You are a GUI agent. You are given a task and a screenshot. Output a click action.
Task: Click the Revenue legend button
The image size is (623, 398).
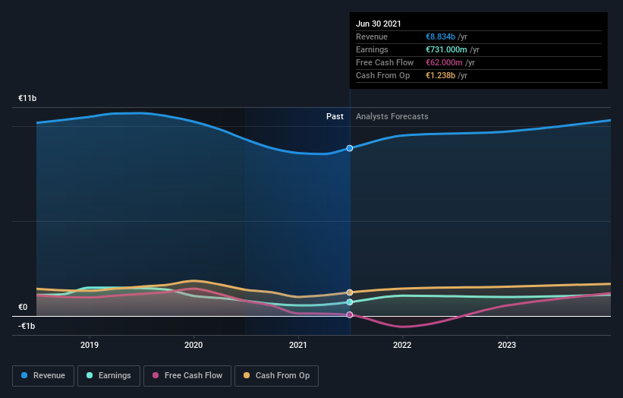tap(44, 375)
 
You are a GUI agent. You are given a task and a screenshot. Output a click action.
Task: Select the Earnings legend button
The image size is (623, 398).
tap(109, 375)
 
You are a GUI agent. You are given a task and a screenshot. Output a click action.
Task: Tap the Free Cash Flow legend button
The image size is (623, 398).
tap(187, 375)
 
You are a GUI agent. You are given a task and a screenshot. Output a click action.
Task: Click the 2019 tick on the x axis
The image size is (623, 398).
tap(90, 345)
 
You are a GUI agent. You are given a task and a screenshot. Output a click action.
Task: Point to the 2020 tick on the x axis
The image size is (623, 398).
tap(194, 345)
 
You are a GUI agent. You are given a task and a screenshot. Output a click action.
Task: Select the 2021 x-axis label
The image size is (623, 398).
tap(298, 345)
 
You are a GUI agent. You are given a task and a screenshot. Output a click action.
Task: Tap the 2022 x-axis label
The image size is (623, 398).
tap(402, 345)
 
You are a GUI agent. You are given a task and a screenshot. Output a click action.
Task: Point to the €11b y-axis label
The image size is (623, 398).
tap(27, 99)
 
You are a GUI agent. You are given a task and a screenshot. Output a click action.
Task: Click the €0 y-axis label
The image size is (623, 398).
tap(23, 308)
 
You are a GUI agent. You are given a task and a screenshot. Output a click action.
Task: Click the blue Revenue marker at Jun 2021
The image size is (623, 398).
tap(350, 148)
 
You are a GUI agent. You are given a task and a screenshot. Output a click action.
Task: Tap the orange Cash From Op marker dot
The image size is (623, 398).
tap(350, 292)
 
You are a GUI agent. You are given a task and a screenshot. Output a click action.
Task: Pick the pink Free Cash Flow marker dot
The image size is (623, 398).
tap(350, 314)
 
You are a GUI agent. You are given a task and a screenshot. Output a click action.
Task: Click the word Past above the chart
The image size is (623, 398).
tap(335, 117)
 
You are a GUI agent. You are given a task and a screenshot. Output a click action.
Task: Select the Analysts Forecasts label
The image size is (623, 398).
tap(392, 117)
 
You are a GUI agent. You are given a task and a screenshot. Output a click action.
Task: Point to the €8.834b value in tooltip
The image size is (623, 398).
tap(440, 37)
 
